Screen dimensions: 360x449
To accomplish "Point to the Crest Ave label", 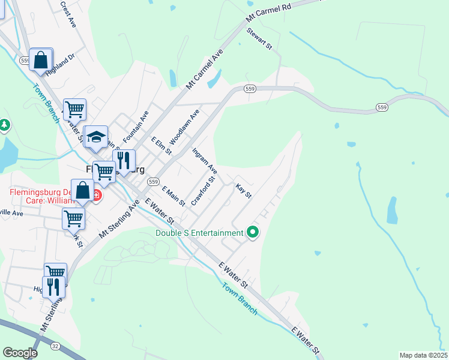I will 68,14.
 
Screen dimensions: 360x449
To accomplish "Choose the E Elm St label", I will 158,146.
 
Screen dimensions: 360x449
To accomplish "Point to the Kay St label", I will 243,191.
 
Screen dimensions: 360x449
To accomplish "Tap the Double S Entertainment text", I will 199,233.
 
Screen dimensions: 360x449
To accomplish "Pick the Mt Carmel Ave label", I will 205,71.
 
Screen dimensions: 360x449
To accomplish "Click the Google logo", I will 20,353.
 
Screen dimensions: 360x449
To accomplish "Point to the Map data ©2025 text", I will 423,355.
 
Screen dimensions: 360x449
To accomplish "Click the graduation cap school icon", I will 95,137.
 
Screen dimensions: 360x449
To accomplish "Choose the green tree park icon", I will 5,125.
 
